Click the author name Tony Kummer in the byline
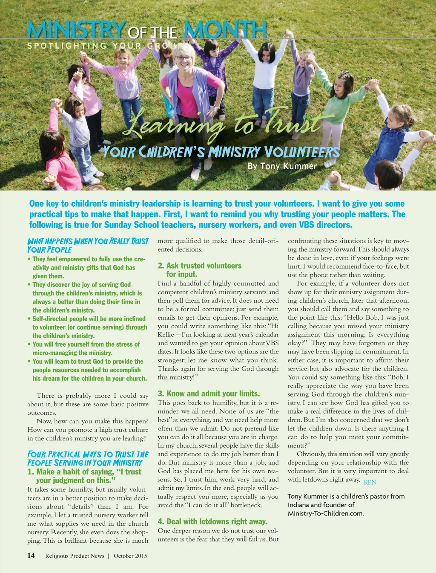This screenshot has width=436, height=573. (288, 166)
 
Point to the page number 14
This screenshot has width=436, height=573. (31, 555)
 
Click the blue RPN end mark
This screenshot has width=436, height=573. (370, 482)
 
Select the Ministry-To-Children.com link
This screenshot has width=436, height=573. (325, 513)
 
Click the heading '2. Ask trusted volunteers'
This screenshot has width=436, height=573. (199, 266)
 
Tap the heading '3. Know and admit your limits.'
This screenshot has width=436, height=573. (209, 394)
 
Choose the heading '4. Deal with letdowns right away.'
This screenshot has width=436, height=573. (212, 521)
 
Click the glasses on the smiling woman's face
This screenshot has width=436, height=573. (184, 58)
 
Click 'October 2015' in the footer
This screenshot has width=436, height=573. (130, 556)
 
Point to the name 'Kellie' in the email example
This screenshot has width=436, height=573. (166, 335)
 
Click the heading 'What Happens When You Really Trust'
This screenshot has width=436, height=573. (88, 241)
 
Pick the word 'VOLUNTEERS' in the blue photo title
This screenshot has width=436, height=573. (302, 152)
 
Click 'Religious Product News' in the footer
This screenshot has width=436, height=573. (75, 556)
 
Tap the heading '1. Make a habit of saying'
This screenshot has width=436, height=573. (84, 472)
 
